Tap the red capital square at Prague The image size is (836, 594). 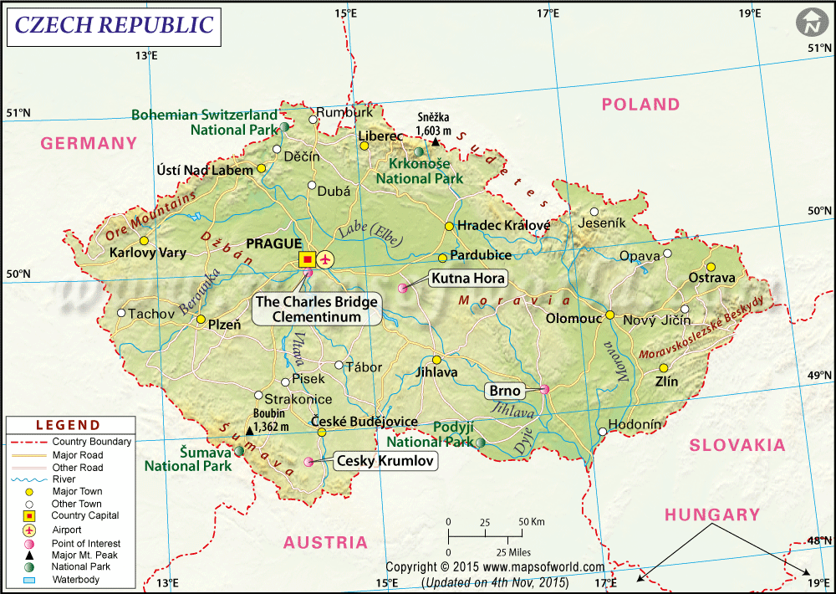(307, 259)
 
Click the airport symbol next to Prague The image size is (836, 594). (324, 259)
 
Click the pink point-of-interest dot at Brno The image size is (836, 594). (545, 389)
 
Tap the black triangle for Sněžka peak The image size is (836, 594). (435, 142)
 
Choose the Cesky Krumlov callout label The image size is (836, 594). (386, 460)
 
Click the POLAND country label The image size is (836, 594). (640, 105)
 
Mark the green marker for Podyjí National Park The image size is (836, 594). (481, 442)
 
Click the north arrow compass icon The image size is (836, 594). (811, 23)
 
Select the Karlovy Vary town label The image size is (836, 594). (148, 253)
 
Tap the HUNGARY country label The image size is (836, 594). (712, 515)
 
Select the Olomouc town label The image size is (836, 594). (574, 319)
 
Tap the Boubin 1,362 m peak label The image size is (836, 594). (272, 420)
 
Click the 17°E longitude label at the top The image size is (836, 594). (548, 13)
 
